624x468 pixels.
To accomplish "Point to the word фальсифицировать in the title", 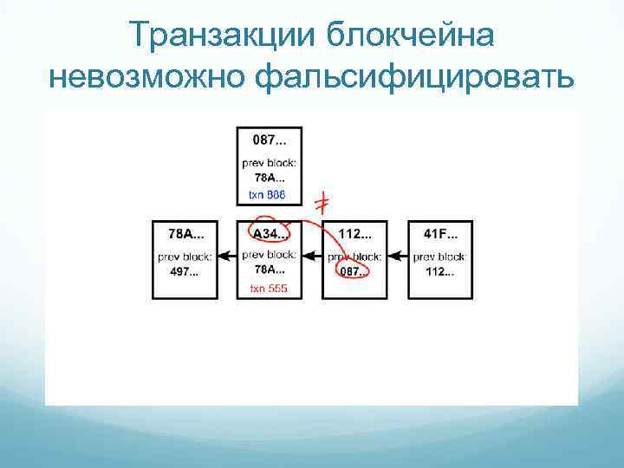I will [x=415, y=78].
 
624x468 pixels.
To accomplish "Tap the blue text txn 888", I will [x=268, y=195].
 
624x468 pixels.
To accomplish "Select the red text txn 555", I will [x=268, y=288].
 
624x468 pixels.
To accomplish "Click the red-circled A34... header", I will [x=269, y=232].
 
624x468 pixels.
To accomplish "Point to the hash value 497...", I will [x=184, y=271].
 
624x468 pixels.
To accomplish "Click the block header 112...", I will [x=354, y=232].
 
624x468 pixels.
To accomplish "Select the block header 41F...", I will [x=439, y=232].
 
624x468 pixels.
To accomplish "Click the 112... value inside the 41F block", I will [x=439, y=271].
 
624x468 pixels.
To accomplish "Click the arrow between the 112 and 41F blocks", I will [x=397, y=256].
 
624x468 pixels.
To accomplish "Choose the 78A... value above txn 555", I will [x=268, y=270].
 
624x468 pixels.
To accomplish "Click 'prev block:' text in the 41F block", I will [x=439, y=256].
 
